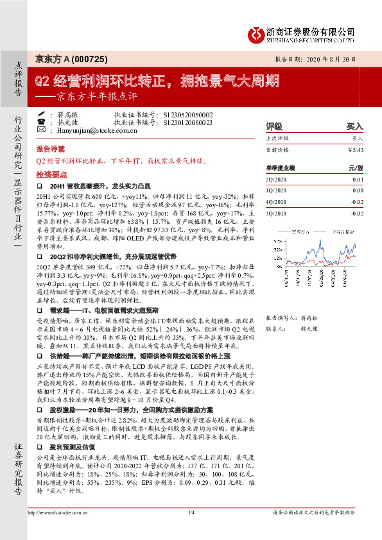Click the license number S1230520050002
click(x=187, y=115)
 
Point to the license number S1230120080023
click(x=187, y=122)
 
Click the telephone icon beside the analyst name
click(x=42, y=115)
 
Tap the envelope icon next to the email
click(x=42, y=130)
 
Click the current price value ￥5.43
click(x=355, y=149)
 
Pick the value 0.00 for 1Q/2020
click(x=358, y=190)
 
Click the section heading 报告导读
click(x=51, y=148)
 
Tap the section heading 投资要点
click(x=51, y=174)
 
